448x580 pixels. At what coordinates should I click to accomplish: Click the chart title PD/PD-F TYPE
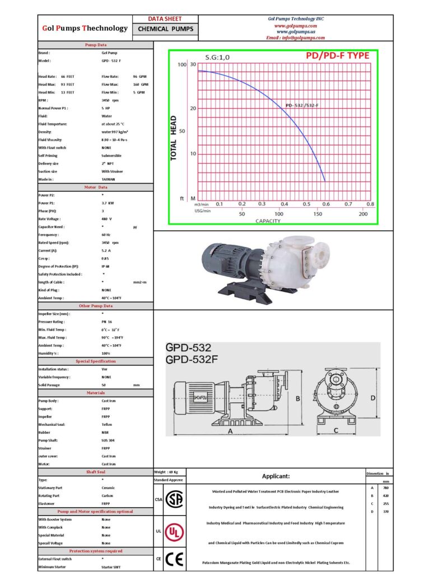(337, 56)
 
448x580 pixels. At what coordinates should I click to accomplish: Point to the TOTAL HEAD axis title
(174, 138)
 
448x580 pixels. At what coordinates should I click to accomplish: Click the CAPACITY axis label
(268, 221)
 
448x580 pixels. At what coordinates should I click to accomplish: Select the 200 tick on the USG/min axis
(363, 214)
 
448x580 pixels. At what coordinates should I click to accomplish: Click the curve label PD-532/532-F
(301, 105)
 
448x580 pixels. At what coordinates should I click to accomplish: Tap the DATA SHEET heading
(165, 18)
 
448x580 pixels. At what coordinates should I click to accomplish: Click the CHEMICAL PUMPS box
(165, 29)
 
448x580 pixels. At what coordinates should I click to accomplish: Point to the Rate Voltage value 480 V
(106, 219)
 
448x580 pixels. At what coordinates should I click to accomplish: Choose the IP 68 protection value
(106, 266)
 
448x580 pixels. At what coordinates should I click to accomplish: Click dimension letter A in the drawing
(231, 431)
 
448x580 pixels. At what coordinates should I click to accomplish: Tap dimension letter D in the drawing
(372, 398)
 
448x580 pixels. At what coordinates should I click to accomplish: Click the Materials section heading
(95, 393)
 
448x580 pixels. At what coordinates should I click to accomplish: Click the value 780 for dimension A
(386, 488)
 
